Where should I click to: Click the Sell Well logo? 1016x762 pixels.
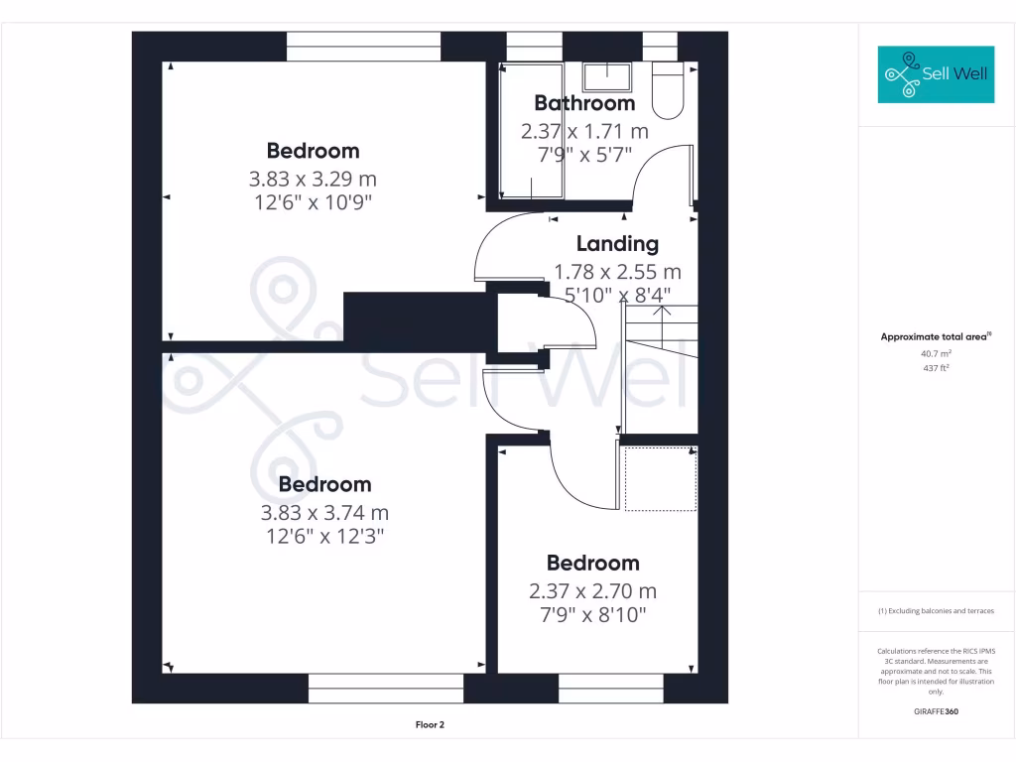(x=936, y=74)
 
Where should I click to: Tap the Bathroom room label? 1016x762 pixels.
(x=584, y=103)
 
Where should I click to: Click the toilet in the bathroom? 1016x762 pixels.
(x=669, y=92)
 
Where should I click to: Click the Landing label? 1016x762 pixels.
(x=617, y=244)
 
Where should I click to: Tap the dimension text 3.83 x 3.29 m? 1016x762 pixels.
(x=313, y=180)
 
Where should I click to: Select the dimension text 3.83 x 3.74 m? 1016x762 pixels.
(x=324, y=513)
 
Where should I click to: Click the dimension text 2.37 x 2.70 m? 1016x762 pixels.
(x=592, y=591)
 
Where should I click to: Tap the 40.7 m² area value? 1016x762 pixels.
(x=936, y=353)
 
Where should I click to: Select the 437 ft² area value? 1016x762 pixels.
(x=936, y=368)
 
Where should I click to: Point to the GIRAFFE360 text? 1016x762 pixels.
(x=936, y=711)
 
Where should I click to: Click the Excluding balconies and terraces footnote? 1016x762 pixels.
(x=936, y=611)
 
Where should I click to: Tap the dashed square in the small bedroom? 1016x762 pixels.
(x=660, y=478)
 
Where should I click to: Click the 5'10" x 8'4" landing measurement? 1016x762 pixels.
(x=617, y=295)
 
